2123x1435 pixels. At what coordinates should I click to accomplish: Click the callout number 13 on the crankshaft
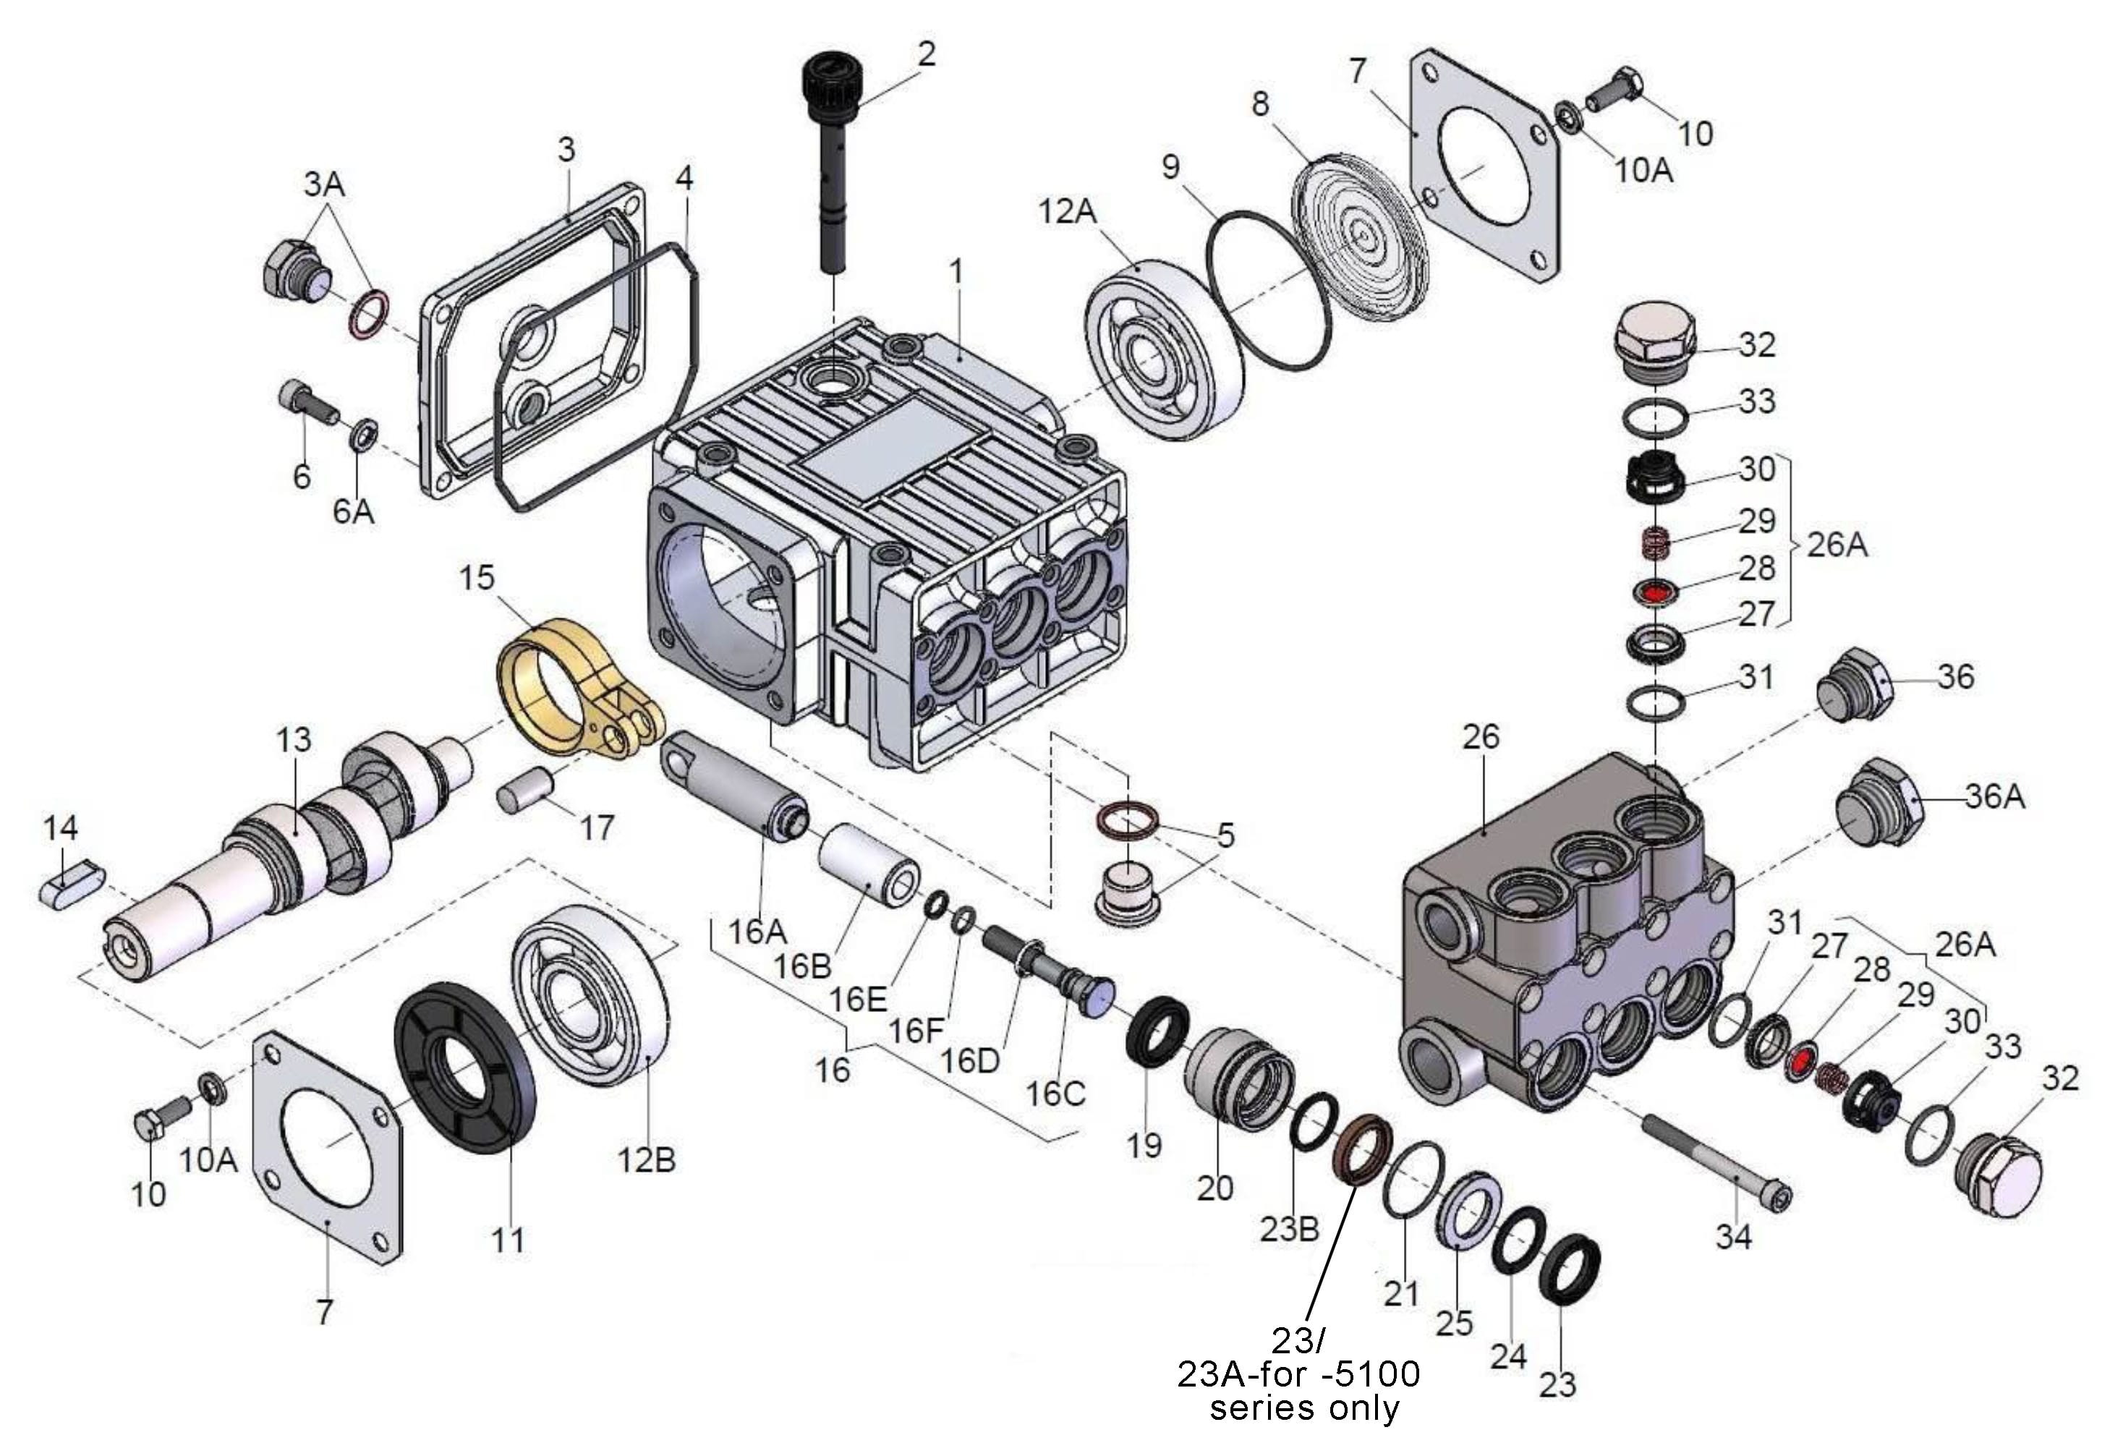294,739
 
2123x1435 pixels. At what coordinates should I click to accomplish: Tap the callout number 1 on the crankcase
956,271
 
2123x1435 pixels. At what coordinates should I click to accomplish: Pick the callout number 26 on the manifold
1480,737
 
